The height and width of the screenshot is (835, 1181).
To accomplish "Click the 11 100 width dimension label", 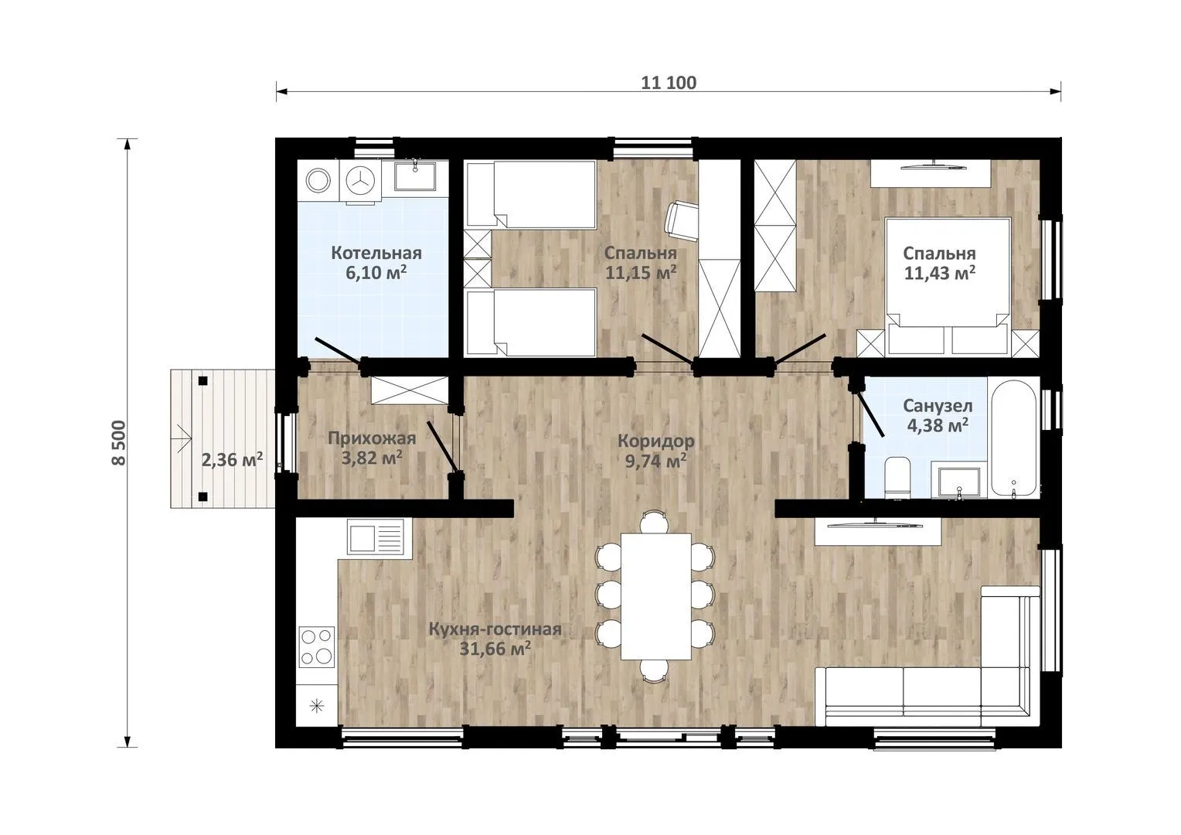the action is [x=669, y=83].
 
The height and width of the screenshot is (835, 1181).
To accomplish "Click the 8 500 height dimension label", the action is [x=119, y=442].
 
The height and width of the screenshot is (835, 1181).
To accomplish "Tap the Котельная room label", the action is [x=376, y=253].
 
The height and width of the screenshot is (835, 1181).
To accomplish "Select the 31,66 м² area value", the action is [x=495, y=649].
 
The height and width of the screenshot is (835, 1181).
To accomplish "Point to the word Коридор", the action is [x=655, y=441].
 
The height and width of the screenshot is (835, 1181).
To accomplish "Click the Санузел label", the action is [x=938, y=406].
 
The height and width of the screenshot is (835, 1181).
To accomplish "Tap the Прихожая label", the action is [x=372, y=438].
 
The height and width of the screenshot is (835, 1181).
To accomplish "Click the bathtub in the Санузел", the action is [x=1013, y=438].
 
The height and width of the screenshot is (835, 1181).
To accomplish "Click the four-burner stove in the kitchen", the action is [x=316, y=646].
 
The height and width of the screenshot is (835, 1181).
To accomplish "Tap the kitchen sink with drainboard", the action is [x=376, y=535].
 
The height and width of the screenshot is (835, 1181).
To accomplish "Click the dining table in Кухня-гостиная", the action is [x=656, y=597].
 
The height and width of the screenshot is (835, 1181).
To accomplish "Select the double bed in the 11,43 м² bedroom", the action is [x=948, y=286].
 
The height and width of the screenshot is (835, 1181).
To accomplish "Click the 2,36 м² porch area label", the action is [x=232, y=460].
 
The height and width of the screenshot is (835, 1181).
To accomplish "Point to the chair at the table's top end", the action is [x=654, y=522].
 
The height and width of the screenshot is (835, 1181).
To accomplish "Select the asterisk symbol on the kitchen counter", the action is [x=316, y=706].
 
